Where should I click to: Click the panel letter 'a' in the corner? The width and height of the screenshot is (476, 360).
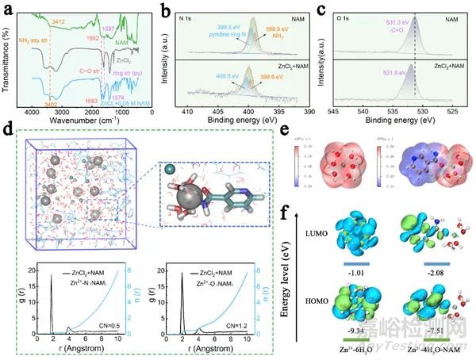8,9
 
